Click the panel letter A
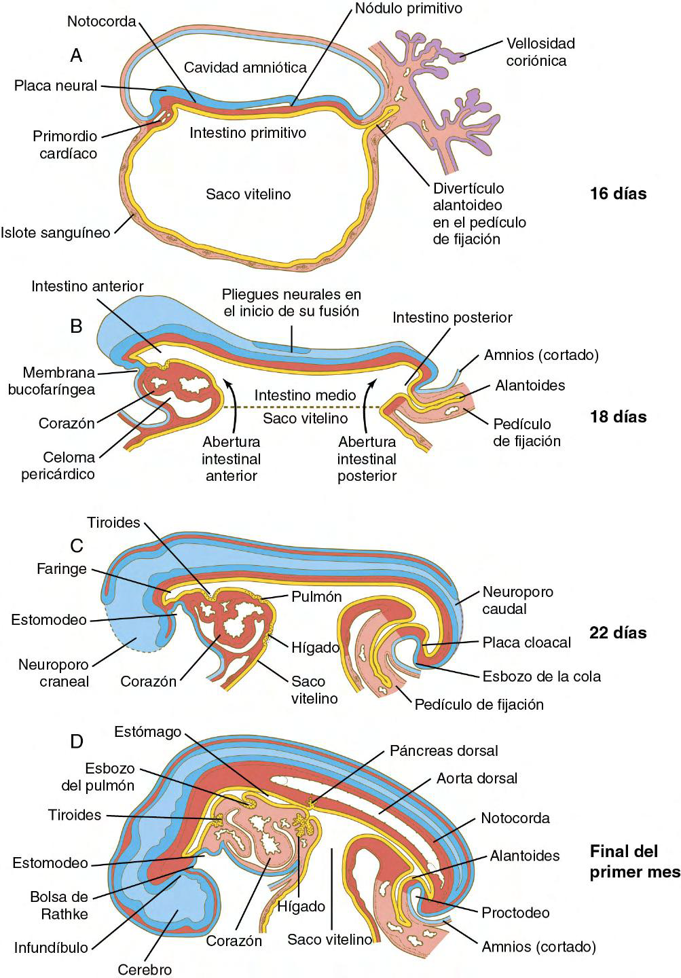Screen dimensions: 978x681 pos(76,56)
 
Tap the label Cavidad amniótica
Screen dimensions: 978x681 pos(245,67)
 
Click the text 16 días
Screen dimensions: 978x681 pos(618,194)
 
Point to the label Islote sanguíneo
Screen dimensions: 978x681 pos(55,232)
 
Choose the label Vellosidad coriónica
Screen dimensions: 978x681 pos(540,52)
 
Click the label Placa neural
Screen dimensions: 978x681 pos(56,86)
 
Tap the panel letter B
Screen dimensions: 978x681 pos(76,327)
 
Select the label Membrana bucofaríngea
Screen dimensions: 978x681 pos(58,380)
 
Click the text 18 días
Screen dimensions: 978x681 pos(618,416)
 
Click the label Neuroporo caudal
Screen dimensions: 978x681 pos(517,600)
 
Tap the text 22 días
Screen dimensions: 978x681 pos(618,633)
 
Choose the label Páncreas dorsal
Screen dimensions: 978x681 pos(444,750)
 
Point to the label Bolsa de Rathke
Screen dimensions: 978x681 pos(59,905)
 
